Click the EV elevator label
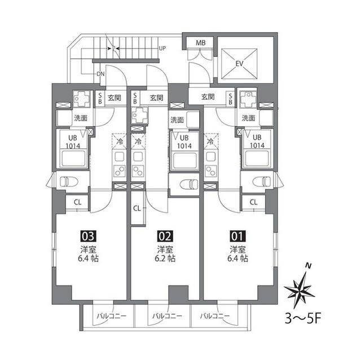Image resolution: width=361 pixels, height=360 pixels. [239, 64]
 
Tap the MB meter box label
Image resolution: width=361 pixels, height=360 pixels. [201, 43]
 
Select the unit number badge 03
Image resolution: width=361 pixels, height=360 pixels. [88, 236]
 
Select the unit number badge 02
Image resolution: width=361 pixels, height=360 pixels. [165, 236]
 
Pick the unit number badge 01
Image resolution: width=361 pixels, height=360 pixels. [238, 236]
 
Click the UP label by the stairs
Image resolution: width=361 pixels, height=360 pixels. [162, 48]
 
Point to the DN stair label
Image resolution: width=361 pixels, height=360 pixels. [100, 74]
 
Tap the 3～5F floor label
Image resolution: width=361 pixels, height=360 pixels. [303, 318]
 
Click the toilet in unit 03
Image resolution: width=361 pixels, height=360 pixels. [69, 181]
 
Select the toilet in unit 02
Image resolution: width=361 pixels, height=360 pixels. [189, 184]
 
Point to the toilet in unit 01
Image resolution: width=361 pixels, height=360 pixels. [262, 181]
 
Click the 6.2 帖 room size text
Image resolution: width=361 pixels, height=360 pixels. [165, 259]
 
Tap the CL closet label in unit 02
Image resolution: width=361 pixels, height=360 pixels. [137, 208]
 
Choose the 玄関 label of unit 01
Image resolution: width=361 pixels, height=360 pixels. [208, 97]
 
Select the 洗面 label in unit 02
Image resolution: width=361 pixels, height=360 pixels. [177, 120]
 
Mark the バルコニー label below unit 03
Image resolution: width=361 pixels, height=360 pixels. [112, 315]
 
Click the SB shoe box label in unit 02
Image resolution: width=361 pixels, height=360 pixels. [135, 98]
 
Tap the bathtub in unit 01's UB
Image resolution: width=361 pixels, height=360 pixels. [257, 158]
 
